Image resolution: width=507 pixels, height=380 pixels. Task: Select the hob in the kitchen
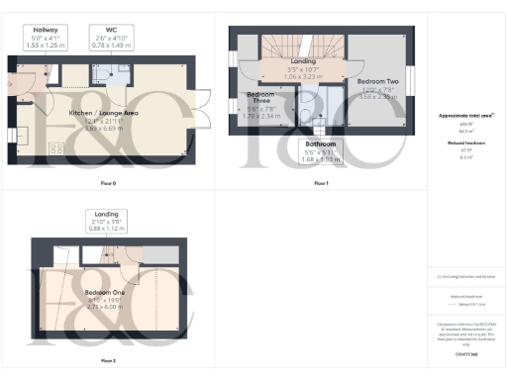pyautogui.click(x=57, y=149)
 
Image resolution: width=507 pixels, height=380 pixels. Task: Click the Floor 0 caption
pyautogui.click(x=108, y=184)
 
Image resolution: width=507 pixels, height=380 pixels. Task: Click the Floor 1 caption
pyautogui.click(x=320, y=184)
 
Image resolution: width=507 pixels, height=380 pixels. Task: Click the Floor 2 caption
pyautogui.click(x=108, y=360)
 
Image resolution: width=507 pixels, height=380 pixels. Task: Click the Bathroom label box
pyautogui.click(x=319, y=151)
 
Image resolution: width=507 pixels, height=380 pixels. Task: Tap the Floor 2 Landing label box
pyautogui.click(x=106, y=221)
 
